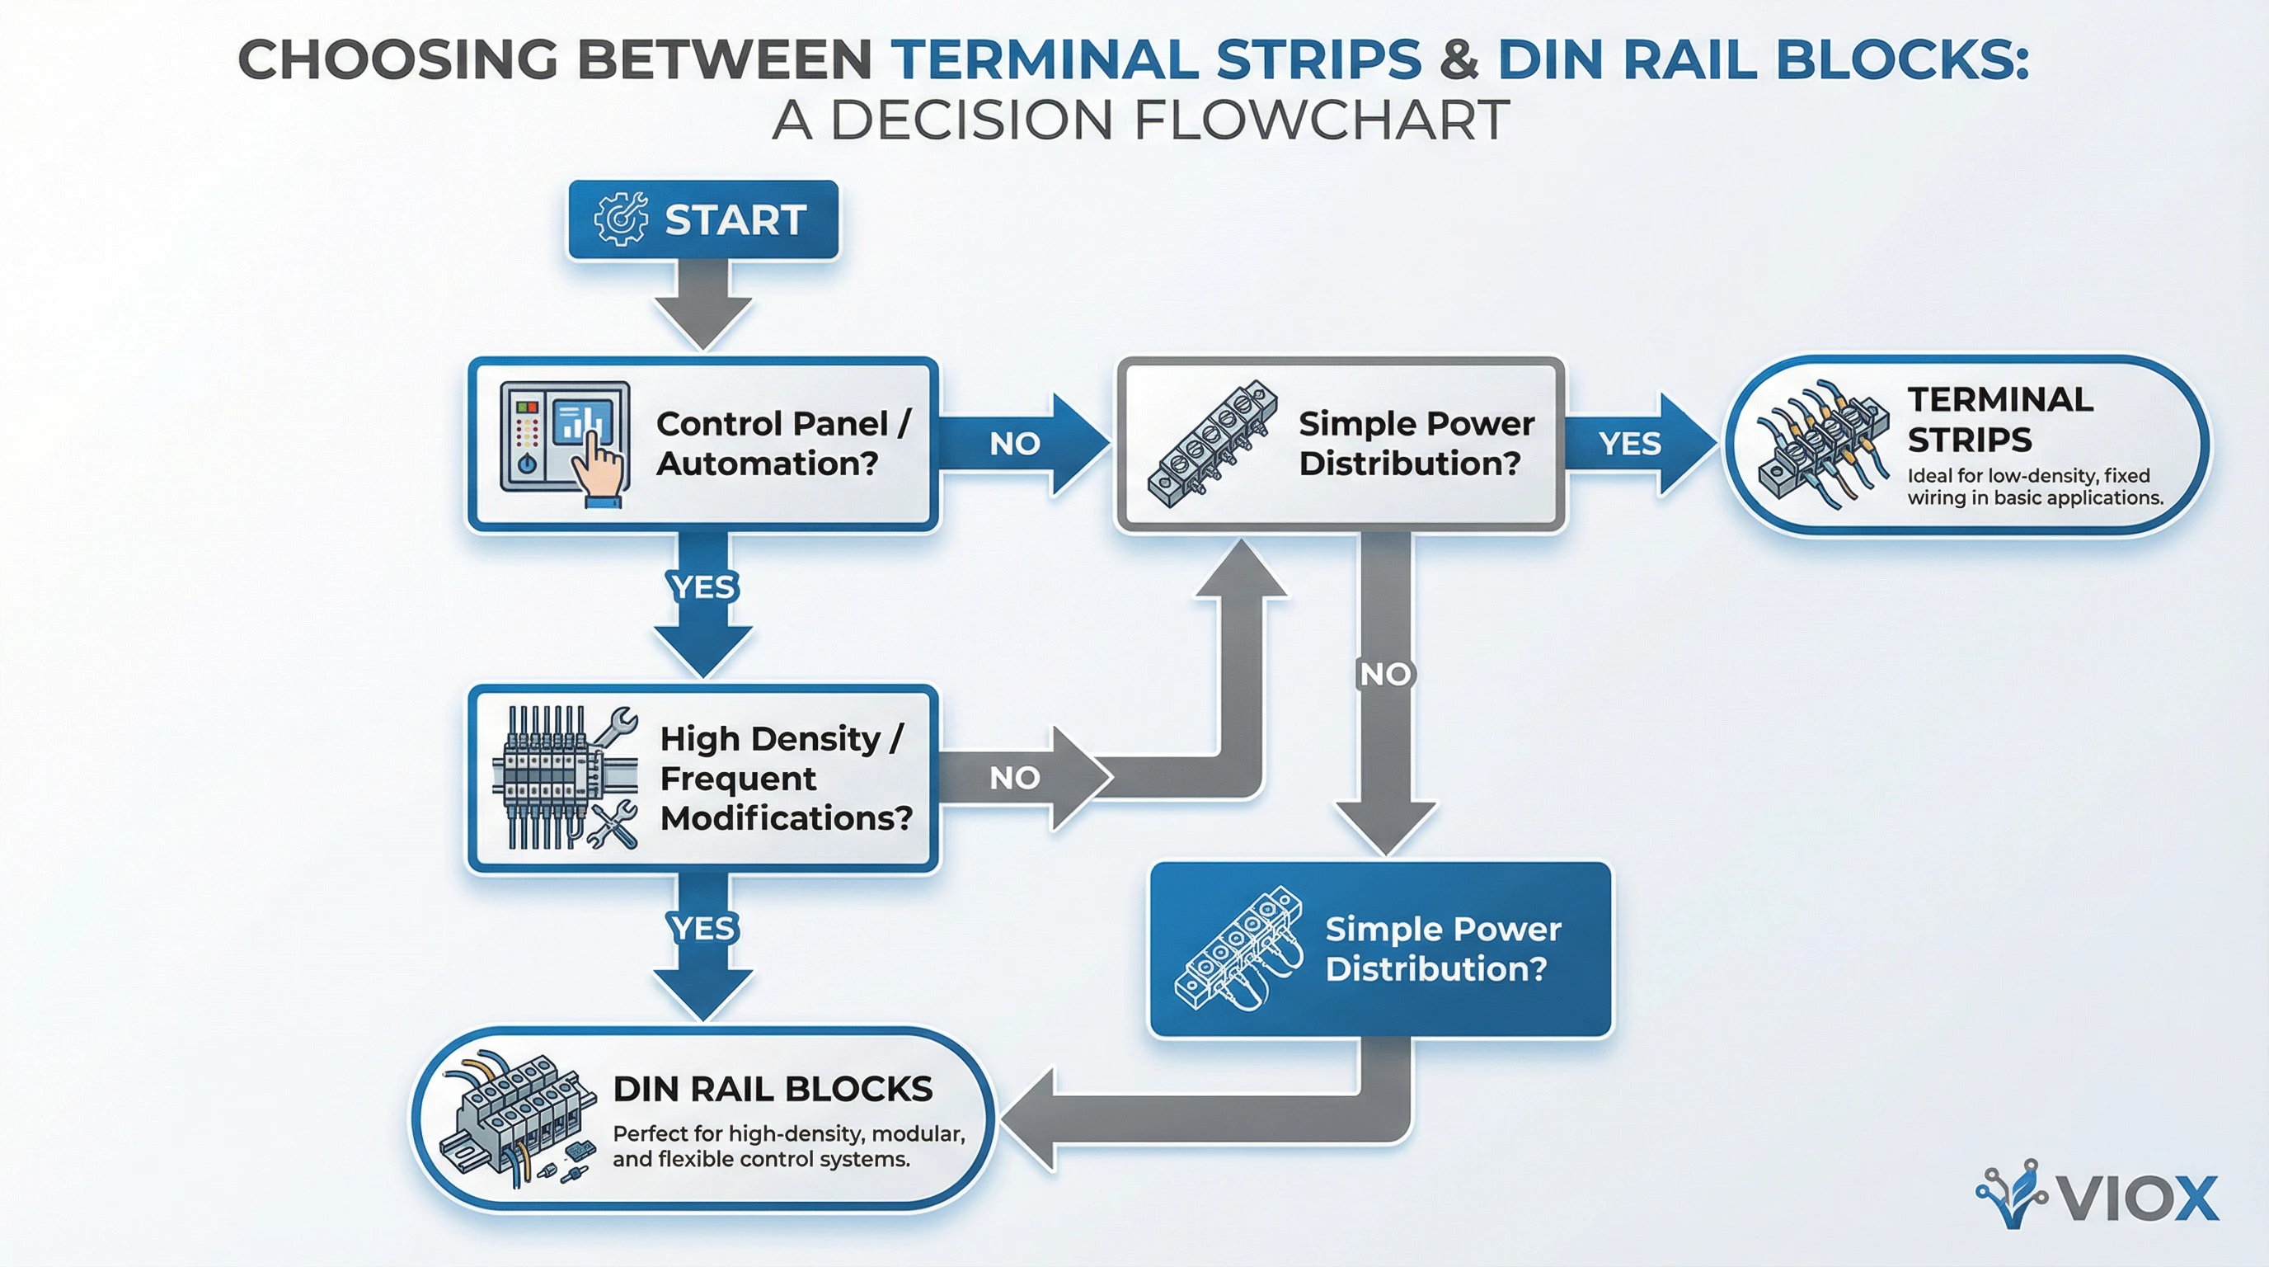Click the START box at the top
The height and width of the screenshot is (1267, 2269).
click(703, 219)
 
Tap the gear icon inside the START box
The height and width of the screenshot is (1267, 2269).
click(619, 219)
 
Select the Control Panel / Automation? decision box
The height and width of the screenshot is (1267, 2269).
click(703, 444)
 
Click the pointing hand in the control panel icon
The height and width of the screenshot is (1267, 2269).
click(601, 468)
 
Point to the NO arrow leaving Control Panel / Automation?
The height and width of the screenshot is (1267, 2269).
click(1022, 443)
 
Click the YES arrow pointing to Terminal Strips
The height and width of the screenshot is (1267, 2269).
click(1638, 443)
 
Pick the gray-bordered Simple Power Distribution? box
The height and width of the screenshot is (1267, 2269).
click(1339, 444)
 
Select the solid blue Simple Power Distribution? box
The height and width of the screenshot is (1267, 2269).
click(1380, 949)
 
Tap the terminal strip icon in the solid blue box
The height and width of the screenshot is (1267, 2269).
click(1238, 949)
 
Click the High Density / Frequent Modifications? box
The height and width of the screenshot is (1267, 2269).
click(703, 779)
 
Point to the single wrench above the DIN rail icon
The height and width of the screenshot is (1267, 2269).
click(617, 724)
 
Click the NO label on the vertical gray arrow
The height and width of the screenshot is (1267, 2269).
click(1385, 675)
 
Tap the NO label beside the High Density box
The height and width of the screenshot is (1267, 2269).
click(1015, 778)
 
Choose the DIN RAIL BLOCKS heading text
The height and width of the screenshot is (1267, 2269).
click(773, 1090)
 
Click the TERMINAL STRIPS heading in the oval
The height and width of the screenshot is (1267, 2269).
click(1999, 419)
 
